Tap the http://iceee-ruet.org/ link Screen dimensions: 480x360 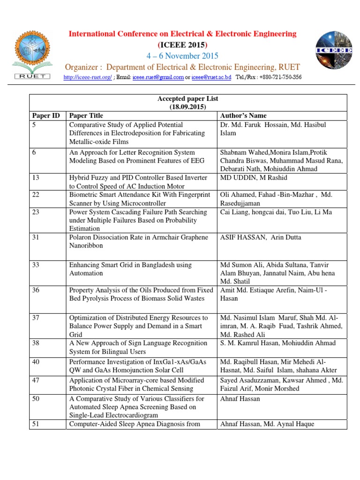pos(88,77)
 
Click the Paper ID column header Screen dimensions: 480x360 pos(46,115)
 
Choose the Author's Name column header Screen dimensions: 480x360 pos(243,115)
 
